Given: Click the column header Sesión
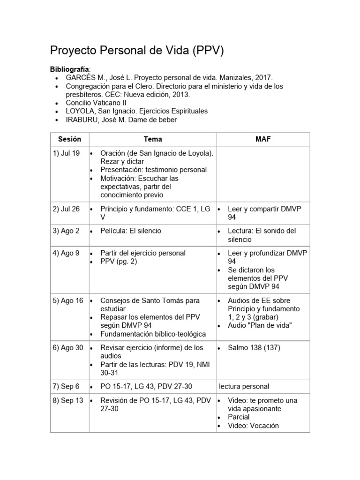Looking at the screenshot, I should [x=69, y=139].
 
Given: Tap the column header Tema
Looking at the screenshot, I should [x=153, y=139].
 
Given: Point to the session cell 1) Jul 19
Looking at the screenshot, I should [x=66, y=153].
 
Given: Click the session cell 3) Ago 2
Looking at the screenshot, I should [x=66, y=231].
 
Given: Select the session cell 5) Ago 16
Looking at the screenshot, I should [x=68, y=300].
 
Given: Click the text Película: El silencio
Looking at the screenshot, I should [x=130, y=231].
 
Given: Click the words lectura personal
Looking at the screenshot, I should [x=244, y=386].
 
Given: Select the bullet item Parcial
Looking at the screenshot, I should [x=239, y=417].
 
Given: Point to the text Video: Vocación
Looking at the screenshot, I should [x=253, y=426].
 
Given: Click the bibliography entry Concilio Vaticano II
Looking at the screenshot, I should [x=96, y=103].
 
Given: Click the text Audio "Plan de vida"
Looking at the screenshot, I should [x=260, y=325].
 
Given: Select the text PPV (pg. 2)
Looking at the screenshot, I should [x=119, y=262].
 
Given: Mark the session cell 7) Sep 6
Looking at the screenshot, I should [x=66, y=386].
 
